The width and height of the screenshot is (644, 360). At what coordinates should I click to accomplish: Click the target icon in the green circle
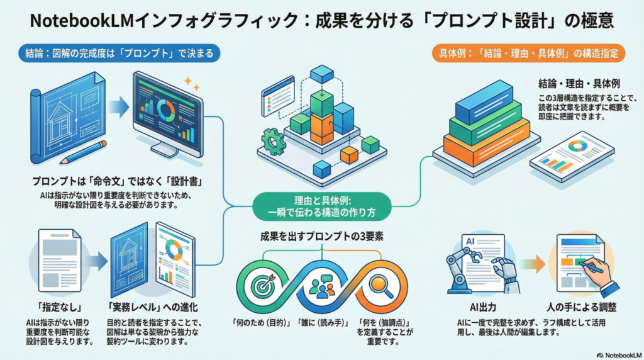262,285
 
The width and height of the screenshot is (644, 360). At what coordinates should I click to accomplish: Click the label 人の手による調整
582,308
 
